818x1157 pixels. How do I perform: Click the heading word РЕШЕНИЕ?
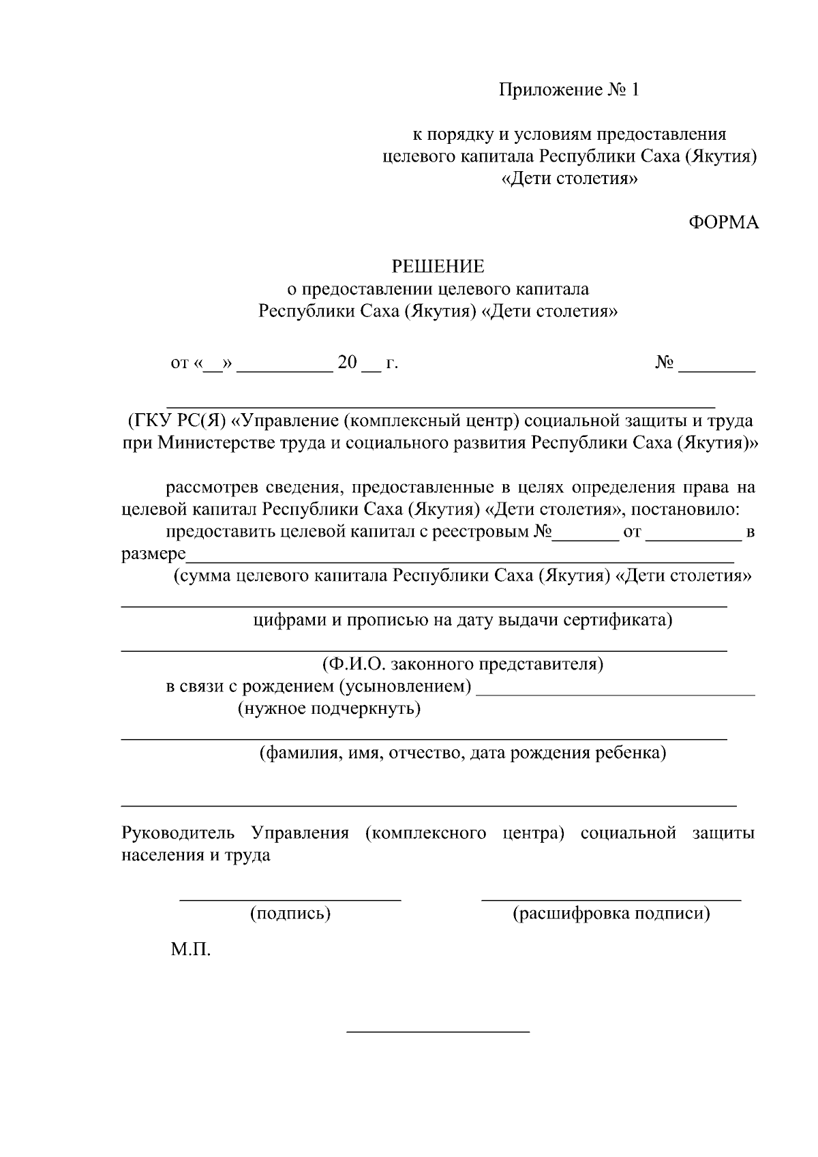(437, 266)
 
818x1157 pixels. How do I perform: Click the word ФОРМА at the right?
(723, 222)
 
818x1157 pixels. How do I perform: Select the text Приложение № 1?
(569, 90)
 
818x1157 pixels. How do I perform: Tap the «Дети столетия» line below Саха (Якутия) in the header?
(569, 179)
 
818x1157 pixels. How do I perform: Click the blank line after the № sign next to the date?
(717, 369)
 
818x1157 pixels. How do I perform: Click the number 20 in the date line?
(347, 363)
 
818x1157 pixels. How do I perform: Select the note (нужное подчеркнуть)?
(329, 708)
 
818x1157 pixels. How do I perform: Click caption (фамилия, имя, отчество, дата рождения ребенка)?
(462, 753)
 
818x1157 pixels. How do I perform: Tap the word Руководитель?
(178, 833)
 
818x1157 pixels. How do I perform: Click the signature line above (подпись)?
(290, 899)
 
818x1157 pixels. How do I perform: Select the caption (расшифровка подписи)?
(611, 914)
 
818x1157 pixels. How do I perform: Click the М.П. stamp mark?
(191, 949)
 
